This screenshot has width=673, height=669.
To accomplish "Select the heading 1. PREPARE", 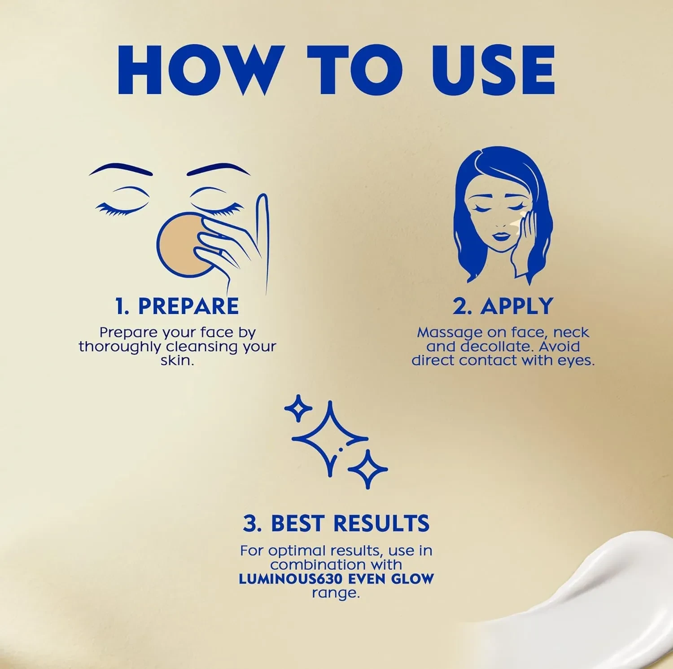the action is (x=177, y=306).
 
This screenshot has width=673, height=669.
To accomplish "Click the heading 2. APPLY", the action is (x=503, y=306).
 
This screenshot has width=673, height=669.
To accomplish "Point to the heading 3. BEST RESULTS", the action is (x=336, y=523).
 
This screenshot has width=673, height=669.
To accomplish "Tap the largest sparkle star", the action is (x=330, y=439).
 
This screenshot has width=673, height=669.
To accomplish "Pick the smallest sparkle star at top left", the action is (x=298, y=408).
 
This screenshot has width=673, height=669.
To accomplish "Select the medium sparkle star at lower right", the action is (x=368, y=470).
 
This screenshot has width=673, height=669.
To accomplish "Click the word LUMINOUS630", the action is (x=292, y=579).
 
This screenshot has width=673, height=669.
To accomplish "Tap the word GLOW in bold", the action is (x=413, y=579).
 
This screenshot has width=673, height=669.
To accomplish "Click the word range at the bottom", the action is (x=336, y=594).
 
